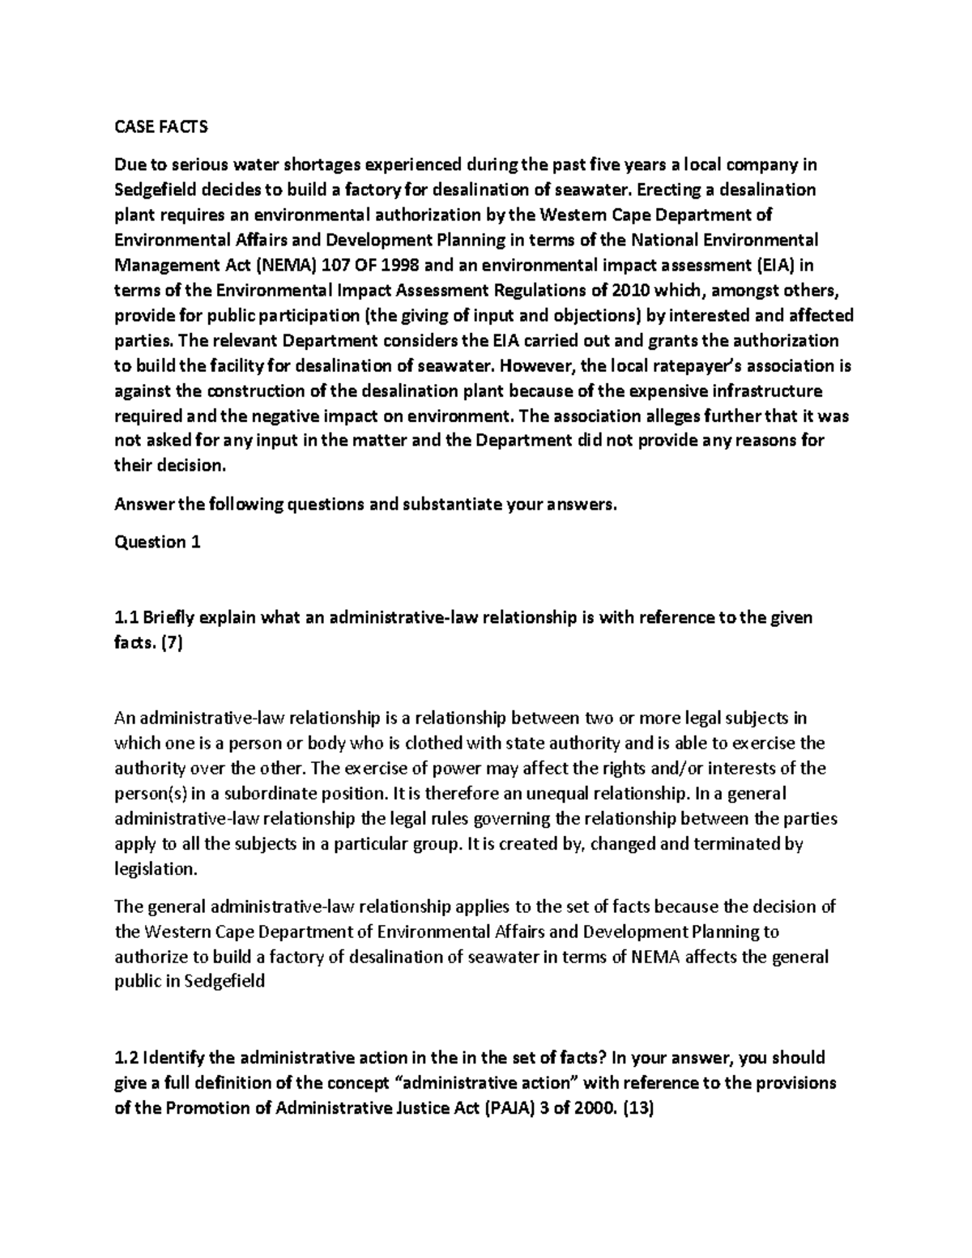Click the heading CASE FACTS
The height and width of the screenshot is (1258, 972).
coord(160,127)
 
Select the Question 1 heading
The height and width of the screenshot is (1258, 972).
coord(157,542)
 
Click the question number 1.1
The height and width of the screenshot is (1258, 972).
coord(126,618)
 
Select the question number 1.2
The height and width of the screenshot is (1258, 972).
coord(126,1058)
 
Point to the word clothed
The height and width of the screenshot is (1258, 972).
coord(434,743)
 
